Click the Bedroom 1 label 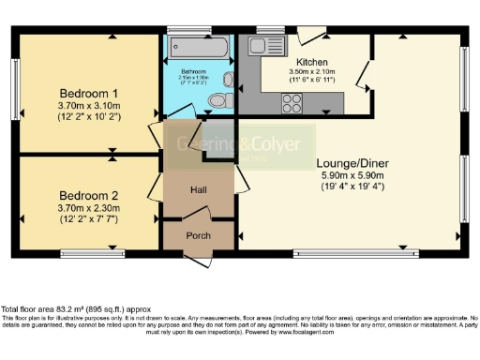click(88, 94)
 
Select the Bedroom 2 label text click(88, 185)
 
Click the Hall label click(198, 190)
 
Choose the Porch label click(198, 235)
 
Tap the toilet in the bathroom click(217, 99)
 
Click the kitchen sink click(256, 45)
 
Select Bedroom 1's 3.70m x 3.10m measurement click(88, 107)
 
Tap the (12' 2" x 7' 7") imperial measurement click(88, 208)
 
